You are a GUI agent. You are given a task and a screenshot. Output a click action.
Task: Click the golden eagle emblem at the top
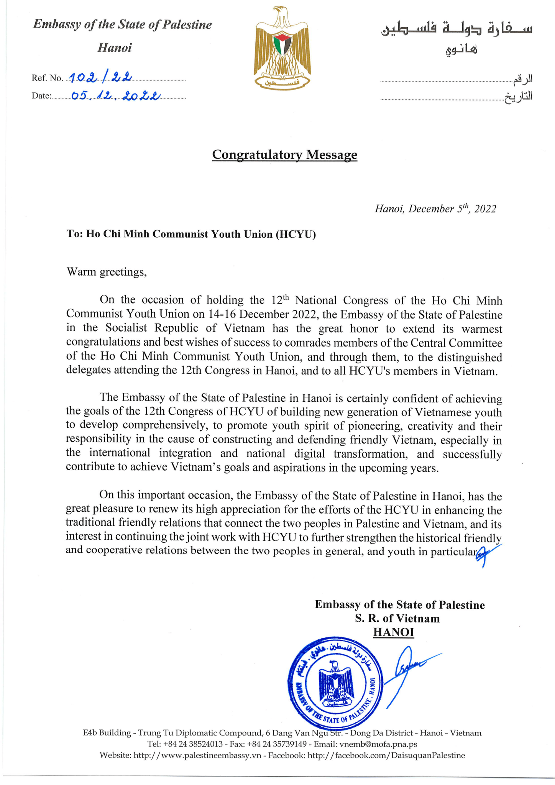(x=282, y=48)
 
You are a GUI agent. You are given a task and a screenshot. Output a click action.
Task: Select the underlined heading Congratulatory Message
(x=284, y=154)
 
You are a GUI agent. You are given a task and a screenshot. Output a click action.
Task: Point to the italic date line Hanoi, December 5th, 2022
(x=435, y=209)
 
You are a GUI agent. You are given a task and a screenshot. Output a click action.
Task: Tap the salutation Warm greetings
(x=107, y=272)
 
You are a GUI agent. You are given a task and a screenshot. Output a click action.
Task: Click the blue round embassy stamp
(x=335, y=683)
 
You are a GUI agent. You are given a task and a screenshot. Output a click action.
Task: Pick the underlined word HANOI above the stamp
(x=394, y=632)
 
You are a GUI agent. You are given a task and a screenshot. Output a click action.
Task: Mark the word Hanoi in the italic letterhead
(x=115, y=48)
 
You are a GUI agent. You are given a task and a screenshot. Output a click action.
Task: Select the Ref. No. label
(x=47, y=78)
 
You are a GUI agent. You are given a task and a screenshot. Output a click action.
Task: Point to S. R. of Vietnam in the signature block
(x=397, y=618)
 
